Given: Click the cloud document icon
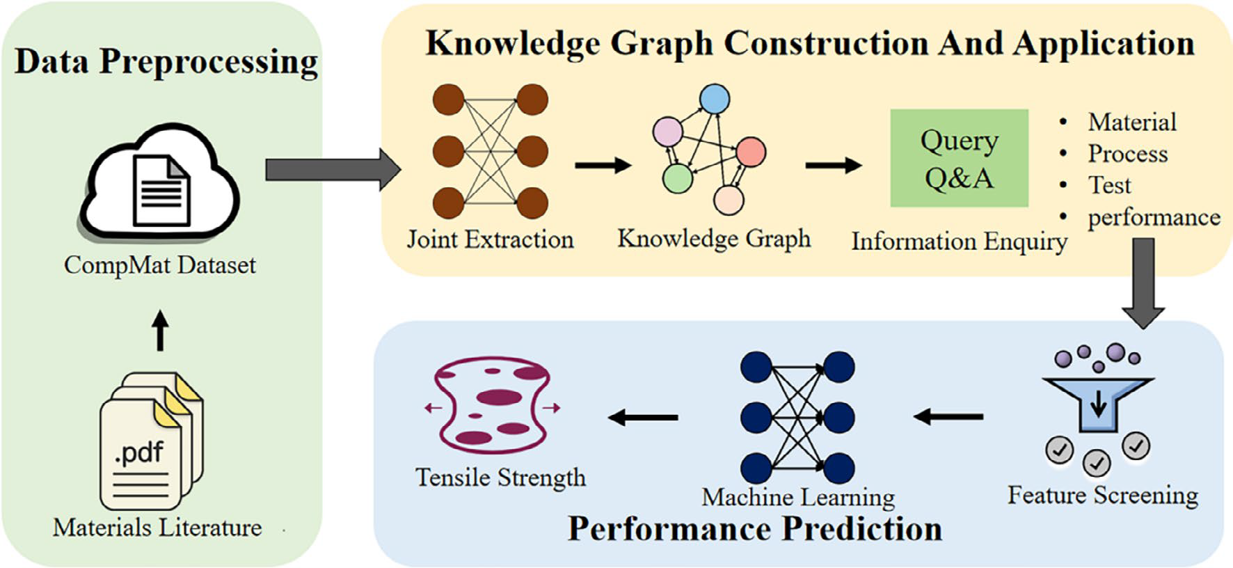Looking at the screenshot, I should [x=161, y=184].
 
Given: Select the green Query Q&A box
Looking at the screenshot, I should [x=959, y=158].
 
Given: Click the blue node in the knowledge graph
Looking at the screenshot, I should [x=714, y=99].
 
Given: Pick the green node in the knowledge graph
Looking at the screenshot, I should [x=677, y=178].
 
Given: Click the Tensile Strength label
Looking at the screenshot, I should [x=500, y=478].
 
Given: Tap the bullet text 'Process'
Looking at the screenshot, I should [x=1127, y=154].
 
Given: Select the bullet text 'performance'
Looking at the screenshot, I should [x=1154, y=217].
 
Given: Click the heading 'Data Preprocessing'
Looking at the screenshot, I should [x=166, y=61].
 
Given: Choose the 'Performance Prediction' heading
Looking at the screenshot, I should [x=755, y=528].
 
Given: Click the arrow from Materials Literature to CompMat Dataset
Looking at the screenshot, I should [x=161, y=330].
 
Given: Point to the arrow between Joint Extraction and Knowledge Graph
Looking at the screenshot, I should [x=603, y=165].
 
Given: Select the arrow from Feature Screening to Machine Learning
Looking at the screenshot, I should [x=948, y=417].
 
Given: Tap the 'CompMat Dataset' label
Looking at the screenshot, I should [x=160, y=265].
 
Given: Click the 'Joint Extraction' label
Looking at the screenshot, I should [x=490, y=239].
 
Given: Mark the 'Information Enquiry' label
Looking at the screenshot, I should [x=959, y=242].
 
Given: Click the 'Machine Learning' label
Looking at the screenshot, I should [x=798, y=497].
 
